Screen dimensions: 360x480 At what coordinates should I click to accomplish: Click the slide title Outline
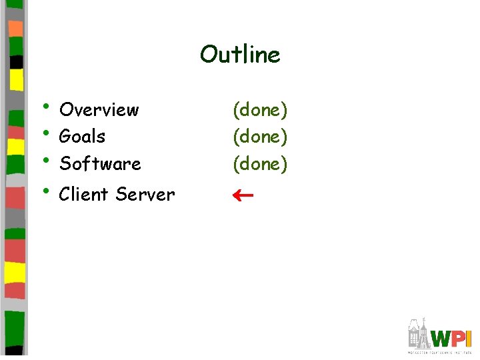coord(240,54)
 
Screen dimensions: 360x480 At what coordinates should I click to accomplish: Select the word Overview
coord(99,109)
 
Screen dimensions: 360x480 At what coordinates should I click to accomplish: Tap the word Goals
coord(82,137)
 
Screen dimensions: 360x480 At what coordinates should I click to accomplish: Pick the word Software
coord(100,163)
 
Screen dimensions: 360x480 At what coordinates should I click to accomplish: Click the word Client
coord(84,195)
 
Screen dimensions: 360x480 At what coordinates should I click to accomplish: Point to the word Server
coord(145,195)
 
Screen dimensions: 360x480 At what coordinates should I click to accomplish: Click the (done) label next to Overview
coord(260,110)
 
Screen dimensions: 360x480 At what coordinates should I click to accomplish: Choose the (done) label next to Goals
coord(260,137)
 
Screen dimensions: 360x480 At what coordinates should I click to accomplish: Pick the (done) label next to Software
coord(260,164)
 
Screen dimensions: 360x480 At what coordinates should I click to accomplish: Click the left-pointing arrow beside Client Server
coord(241,195)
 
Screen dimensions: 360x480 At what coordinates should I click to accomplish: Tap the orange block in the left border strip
coord(15,29)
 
